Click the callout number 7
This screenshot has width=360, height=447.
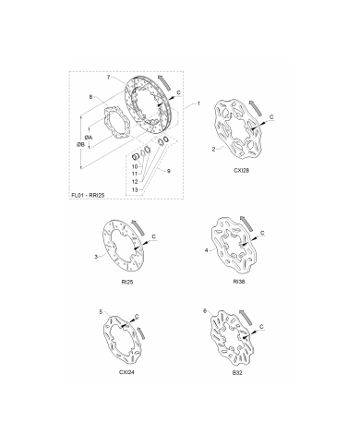[108, 78]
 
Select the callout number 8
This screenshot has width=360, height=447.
[90, 97]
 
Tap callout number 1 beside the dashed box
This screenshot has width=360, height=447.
[198, 103]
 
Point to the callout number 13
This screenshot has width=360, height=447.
[135, 190]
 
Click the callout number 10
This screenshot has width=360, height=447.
[135, 166]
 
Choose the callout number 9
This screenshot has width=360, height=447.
[169, 171]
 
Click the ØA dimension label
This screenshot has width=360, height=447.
[89, 138]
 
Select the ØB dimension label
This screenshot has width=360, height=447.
[80, 144]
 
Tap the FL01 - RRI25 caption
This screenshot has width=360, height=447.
[88, 195]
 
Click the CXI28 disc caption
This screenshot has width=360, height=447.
[242, 170]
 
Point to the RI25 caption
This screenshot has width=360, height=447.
[127, 282]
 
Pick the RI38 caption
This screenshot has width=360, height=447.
[239, 282]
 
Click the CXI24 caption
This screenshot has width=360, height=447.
[126, 372]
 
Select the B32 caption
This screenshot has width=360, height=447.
[237, 372]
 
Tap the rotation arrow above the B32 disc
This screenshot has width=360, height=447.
[246, 318]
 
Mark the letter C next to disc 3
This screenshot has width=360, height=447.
[154, 236]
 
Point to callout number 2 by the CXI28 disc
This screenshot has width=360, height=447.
[213, 150]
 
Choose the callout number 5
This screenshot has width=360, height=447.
[101, 312]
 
